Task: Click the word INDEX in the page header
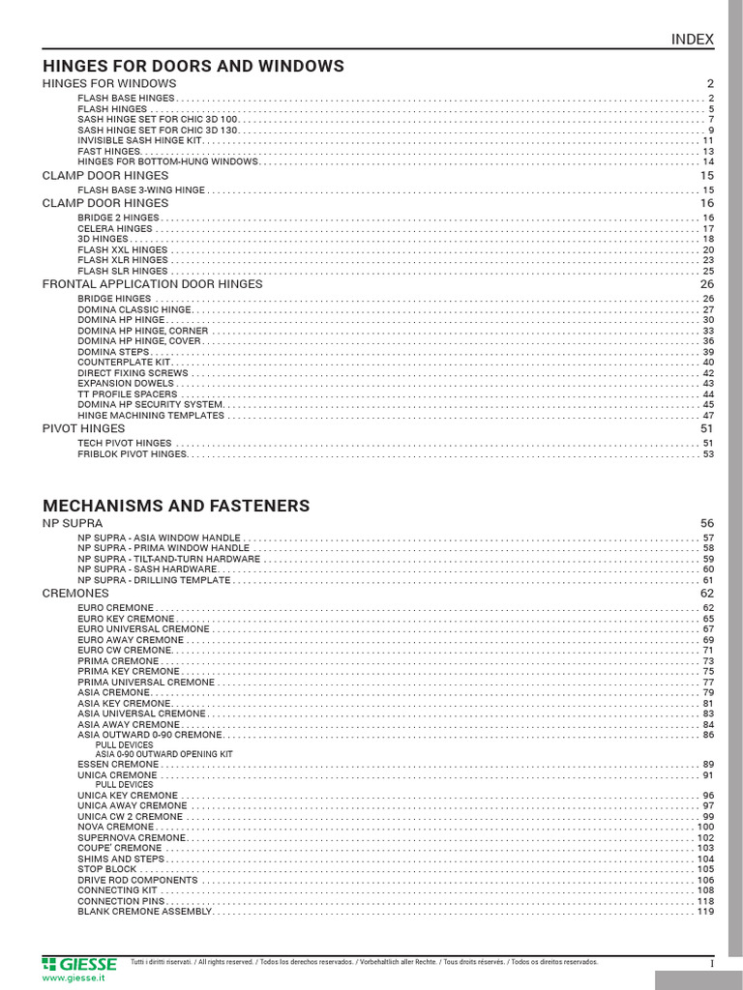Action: pyautogui.click(x=693, y=40)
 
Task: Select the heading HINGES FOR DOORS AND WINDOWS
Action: pyautogui.click(x=193, y=67)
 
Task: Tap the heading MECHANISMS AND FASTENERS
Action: pyautogui.click(x=176, y=506)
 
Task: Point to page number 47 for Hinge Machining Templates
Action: pyautogui.click(x=707, y=415)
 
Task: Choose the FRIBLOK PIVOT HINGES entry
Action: pyautogui.click(x=132, y=453)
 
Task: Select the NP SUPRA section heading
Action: pyautogui.click(x=73, y=523)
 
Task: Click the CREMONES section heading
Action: pyautogui.click(x=75, y=593)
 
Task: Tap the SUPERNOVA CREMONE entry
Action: pyautogui.click(x=132, y=838)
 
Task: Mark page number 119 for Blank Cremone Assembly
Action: pyautogui.click(x=704, y=912)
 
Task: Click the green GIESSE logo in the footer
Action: pyautogui.click(x=79, y=964)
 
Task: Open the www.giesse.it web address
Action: pyautogui.click(x=74, y=978)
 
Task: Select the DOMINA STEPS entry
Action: pyautogui.click(x=113, y=352)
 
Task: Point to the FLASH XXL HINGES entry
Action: pyautogui.click(x=123, y=249)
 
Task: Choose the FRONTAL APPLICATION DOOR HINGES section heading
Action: pyautogui.click(x=152, y=284)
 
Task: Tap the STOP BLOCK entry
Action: pyautogui.click(x=107, y=869)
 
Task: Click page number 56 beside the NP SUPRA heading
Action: pyautogui.click(x=706, y=523)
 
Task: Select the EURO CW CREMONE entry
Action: pyautogui.click(x=125, y=651)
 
